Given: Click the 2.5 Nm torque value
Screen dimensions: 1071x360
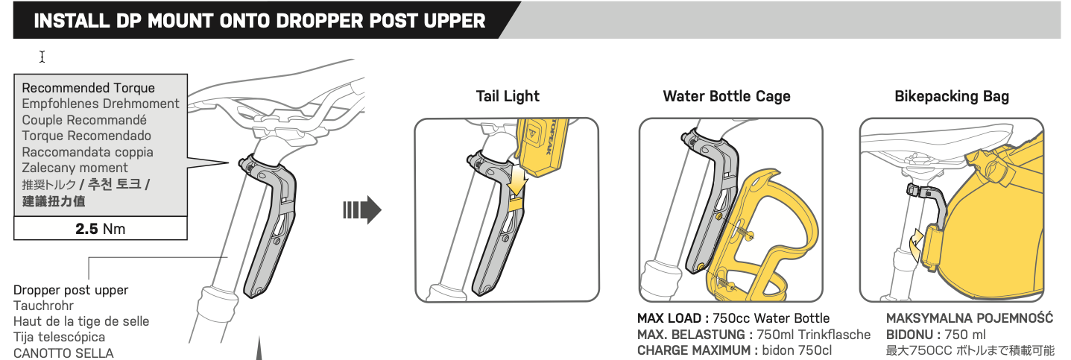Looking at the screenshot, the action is pos(101,229).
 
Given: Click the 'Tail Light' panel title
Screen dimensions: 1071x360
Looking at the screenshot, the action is pos(508,96).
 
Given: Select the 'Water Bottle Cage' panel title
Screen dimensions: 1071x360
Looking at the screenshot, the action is pos(726,96).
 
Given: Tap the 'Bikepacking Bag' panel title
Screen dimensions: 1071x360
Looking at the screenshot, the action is pos(952,96).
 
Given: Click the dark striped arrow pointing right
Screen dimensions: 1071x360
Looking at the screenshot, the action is pos(362,210).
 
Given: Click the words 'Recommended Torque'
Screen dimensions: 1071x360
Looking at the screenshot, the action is pos(89,88).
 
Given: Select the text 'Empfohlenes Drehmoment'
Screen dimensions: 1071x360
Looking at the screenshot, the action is pos(101,104).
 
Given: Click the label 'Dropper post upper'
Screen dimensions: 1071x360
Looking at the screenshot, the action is pos(71,290).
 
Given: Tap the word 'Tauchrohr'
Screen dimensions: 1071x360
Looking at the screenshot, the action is pos(43,306).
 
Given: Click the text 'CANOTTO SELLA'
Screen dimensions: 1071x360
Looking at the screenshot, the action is pos(63,353).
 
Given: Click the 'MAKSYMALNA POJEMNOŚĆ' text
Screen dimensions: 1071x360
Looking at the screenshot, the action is pos(970,318).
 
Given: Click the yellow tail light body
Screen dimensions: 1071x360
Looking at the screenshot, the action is pos(543,146).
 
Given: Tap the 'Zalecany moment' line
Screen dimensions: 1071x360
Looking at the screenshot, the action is pos(75,168).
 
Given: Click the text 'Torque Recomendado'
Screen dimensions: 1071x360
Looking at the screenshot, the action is pos(86,136).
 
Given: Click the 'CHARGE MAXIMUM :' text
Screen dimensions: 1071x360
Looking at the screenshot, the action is pos(698,350).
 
